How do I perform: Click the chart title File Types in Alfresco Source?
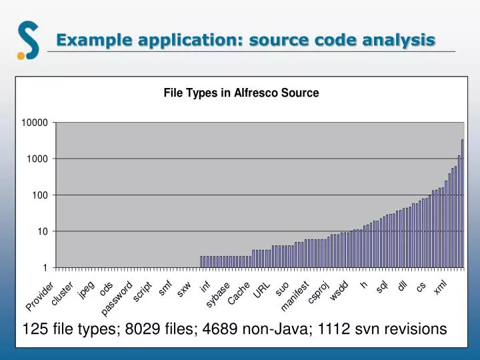click(241, 93)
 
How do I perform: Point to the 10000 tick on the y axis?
click(34, 123)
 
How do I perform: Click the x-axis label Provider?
click(40, 297)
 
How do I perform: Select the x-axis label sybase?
click(218, 295)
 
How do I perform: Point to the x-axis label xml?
click(440, 287)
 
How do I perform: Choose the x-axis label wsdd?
click(339, 291)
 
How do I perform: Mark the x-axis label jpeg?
click(86, 289)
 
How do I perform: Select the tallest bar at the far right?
click(462, 203)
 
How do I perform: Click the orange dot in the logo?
click(21, 56)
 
